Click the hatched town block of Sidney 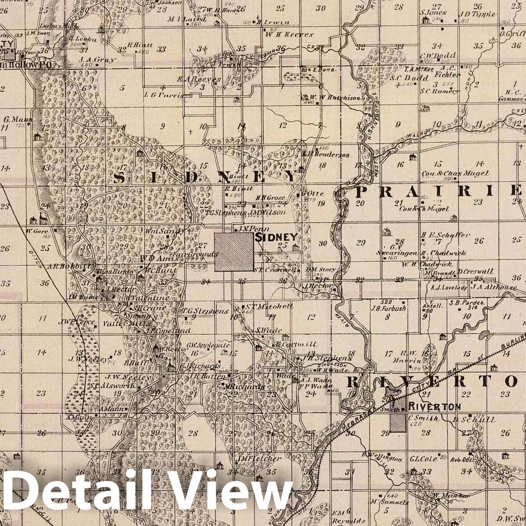[x=234, y=252]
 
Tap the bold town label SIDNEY [x=276, y=237]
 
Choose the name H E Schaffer [x=446, y=235]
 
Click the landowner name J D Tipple [x=477, y=14]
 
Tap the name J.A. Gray [x=97, y=59]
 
